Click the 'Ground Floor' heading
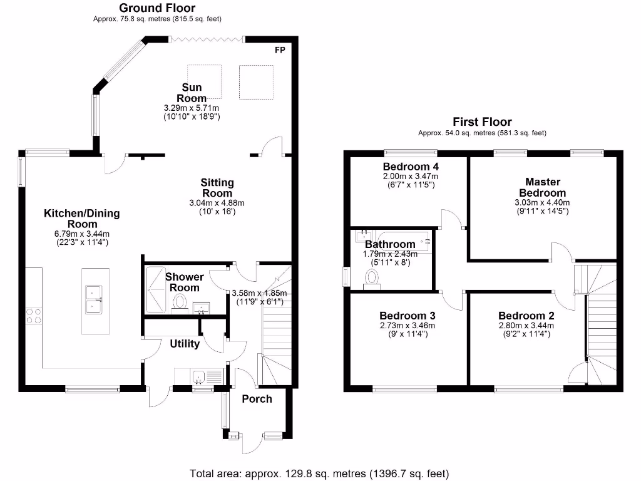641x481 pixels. pyautogui.click(x=157, y=8)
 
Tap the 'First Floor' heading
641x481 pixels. pyautogui.click(x=483, y=122)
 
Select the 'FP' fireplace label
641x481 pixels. pyautogui.click(x=280, y=50)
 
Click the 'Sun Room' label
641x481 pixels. pyautogui.click(x=192, y=93)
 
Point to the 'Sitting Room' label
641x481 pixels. pyautogui.click(x=217, y=188)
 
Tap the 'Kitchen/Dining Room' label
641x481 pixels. pyautogui.click(x=82, y=219)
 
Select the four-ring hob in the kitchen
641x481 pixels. pyautogui.click(x=34, y=316)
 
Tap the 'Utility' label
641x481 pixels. pyautogui.click(x=185, y=344)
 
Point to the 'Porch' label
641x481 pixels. pyautogui.click(x=257, y=399)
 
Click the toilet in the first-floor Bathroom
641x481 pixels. pyautogui.click(x=372, y=279)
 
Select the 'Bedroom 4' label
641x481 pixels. pyautogui.click(x=411, y=167)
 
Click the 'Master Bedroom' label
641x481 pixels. pyautogui.click(x=543, y=187)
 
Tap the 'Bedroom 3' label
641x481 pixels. pyautogui.click(x=407, y=316)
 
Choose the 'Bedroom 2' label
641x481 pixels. pyautogui.click(x=526, y=316)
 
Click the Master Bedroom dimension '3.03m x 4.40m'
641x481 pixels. pyautogui.click(x=542, y=202)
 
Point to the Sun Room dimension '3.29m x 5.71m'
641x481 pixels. pyautogui.click(x=192, y=108)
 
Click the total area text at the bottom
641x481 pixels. pyautogui.click(x=319, y=473)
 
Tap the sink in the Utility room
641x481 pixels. pyautogui.click(x=198, y=376)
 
